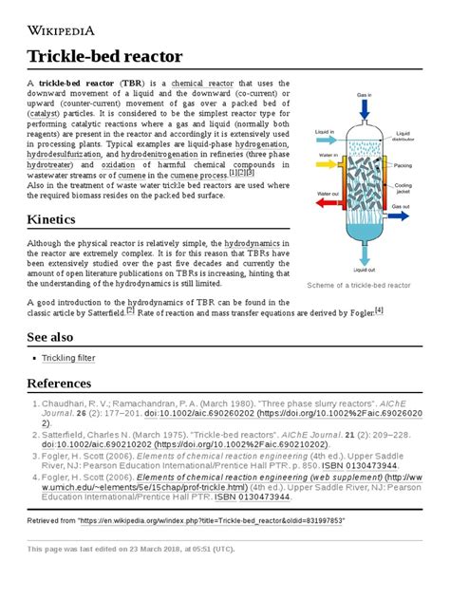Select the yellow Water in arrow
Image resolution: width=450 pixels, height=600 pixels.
[323, 161]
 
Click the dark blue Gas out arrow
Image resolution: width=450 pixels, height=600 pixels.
[403, 214]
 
